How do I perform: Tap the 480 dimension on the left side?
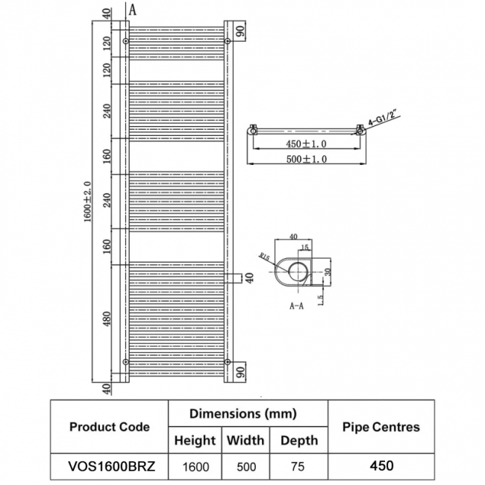pyautogui.click(x=106, y=319)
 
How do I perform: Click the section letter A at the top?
pyautogui.click(x=132, y=10)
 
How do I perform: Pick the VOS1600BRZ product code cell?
pyautogui.click(x=109, y=466)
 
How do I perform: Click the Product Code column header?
pyautogui.click(x=109, y=427)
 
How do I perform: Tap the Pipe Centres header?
pyautogui.click(x=381, y=427)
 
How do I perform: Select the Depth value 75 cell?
pyautogui.click(x=298, y=466)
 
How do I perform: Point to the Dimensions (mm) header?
pyautogui.click(x=243, y=413)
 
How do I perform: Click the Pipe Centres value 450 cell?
pyautogui.click(x=381, y=466)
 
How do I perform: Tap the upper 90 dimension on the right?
pyautogui.click(x=240, y=32)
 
